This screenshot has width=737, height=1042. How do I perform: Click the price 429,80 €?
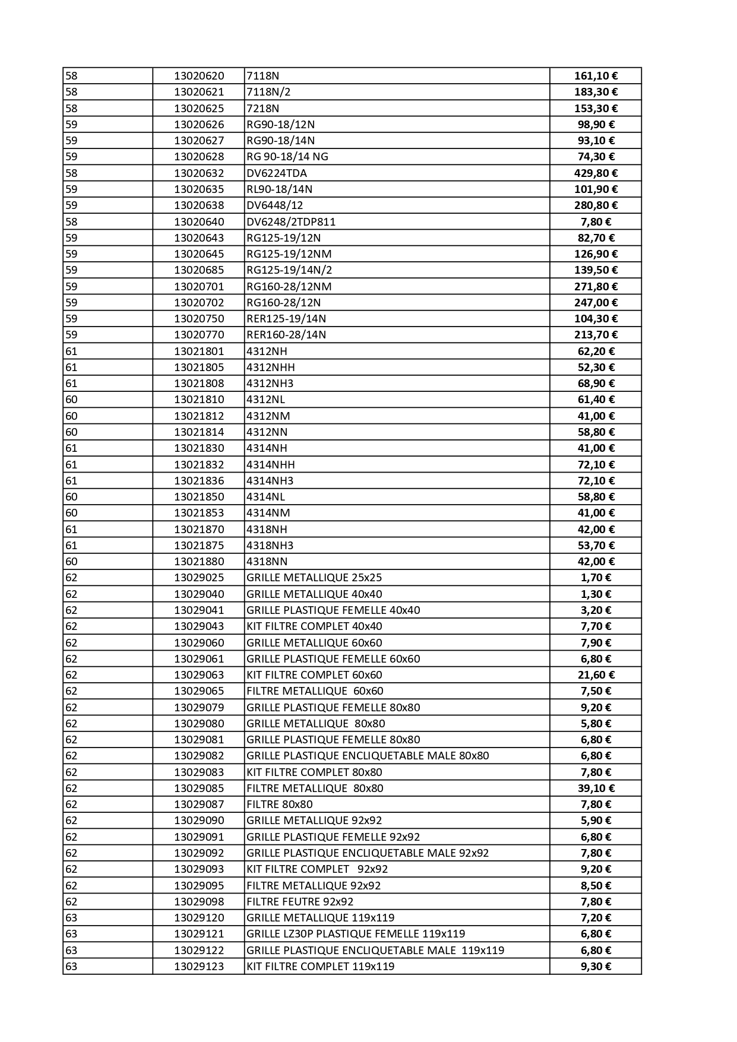point(596,173)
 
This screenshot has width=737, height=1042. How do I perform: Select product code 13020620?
point(199,76)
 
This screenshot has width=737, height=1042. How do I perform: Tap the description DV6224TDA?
point(277,173)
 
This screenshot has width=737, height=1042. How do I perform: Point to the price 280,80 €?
point(596,205)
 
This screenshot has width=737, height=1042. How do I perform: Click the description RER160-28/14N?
point(286,335)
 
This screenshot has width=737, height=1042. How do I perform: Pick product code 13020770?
point(199,335)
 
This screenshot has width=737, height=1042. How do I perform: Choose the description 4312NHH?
point(271,368)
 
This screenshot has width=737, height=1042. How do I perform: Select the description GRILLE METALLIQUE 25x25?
point(314,578)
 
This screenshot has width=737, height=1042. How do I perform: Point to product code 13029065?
point(199,691)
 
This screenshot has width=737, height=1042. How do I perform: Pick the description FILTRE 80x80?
point(280,805)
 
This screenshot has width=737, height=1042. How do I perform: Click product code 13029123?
point(199,967)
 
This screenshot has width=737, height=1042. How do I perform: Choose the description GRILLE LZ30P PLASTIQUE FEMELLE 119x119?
point(356,934)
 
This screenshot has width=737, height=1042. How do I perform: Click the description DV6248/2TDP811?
point(291,222)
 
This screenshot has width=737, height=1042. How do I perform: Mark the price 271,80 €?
point(596,287)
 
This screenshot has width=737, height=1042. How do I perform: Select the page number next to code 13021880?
point(71,562)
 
